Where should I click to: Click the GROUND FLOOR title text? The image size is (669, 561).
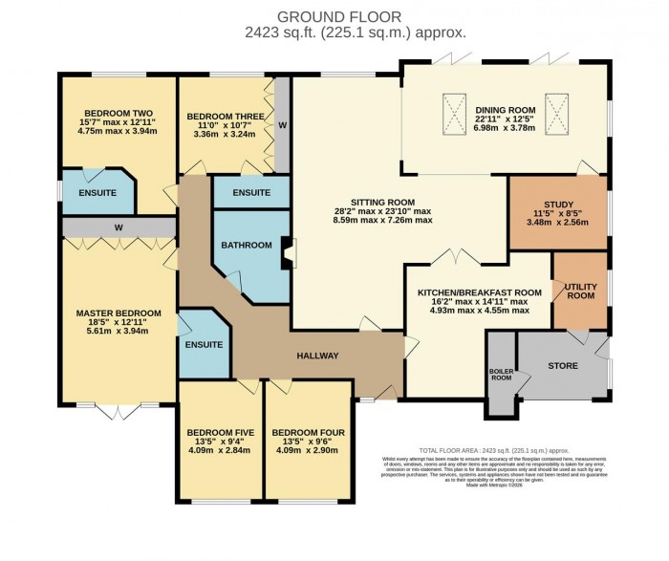click(x=334, y=16)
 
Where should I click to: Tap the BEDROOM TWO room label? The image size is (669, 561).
click(x=118, y=110)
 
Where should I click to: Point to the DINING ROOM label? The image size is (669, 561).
click(x=505, y=110)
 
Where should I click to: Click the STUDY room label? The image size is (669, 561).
click(x=557, y=204)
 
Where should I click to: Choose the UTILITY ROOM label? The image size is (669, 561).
click(x=580, y=291)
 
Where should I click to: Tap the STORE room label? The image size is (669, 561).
click(x=562, y=365)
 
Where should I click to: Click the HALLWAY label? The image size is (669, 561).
click(x=317, y=356)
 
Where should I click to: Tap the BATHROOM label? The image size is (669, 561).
click(x=247, y=246)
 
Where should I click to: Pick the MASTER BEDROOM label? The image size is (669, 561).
click(x=119, y=313)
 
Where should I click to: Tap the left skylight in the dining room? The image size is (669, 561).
click(x=452, y=107)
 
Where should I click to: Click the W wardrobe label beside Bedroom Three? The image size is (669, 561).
click(x=282, y=124)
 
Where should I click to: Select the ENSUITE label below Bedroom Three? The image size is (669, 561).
click(x=250, y=192)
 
